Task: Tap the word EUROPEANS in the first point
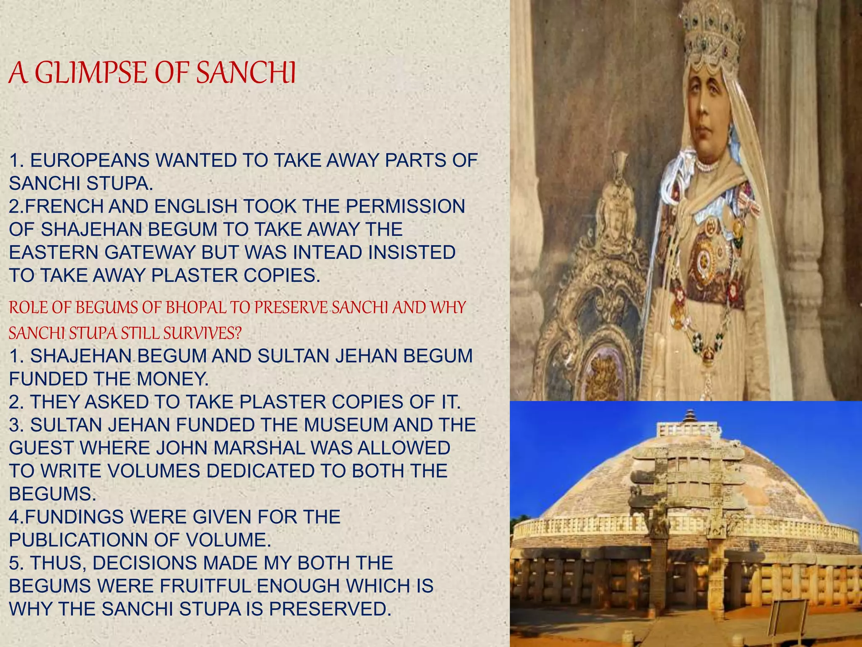[90, 160]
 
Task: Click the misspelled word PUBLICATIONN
[79, 540]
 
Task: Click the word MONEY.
[172, 379]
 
